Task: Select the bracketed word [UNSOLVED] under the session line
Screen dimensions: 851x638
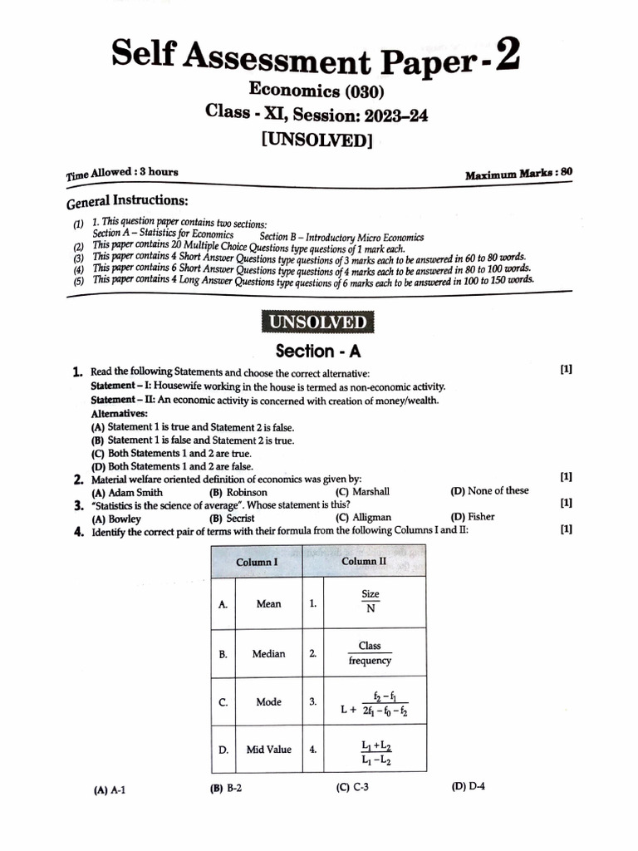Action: point(316,140)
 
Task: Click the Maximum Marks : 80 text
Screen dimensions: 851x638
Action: point(518,175)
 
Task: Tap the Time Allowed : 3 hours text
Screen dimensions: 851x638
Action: point(122,173)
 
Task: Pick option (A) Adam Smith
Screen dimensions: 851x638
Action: point(121,492)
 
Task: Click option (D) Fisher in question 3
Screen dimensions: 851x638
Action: point(472,516)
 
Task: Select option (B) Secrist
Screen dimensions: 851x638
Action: point(232,518)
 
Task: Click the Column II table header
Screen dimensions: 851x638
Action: point(364,561)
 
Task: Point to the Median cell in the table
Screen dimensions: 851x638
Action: point(268,654)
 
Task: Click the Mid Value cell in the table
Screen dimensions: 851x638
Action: point(268,749)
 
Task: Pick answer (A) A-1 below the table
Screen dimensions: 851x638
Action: point(110,790)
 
